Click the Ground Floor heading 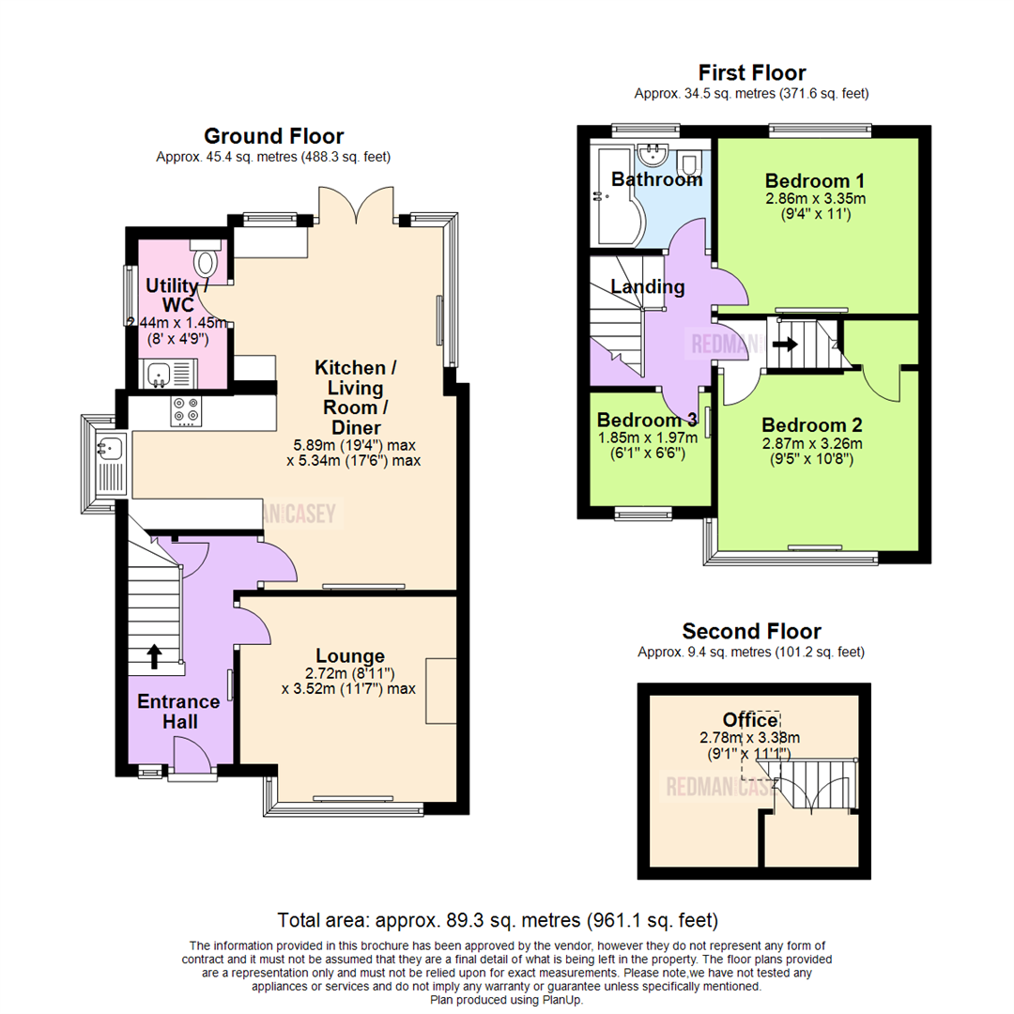(x=273, y=136)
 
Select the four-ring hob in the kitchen (x=184, y=410)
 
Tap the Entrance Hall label (x=178, y=712)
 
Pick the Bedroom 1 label (x=814, y=180)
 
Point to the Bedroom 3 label (x=647, y=420)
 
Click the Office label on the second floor (x=750, y=720)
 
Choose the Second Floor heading (x=751, y=631)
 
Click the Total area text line (x=498, y=919)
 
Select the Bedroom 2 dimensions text (x=812, y=452)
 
